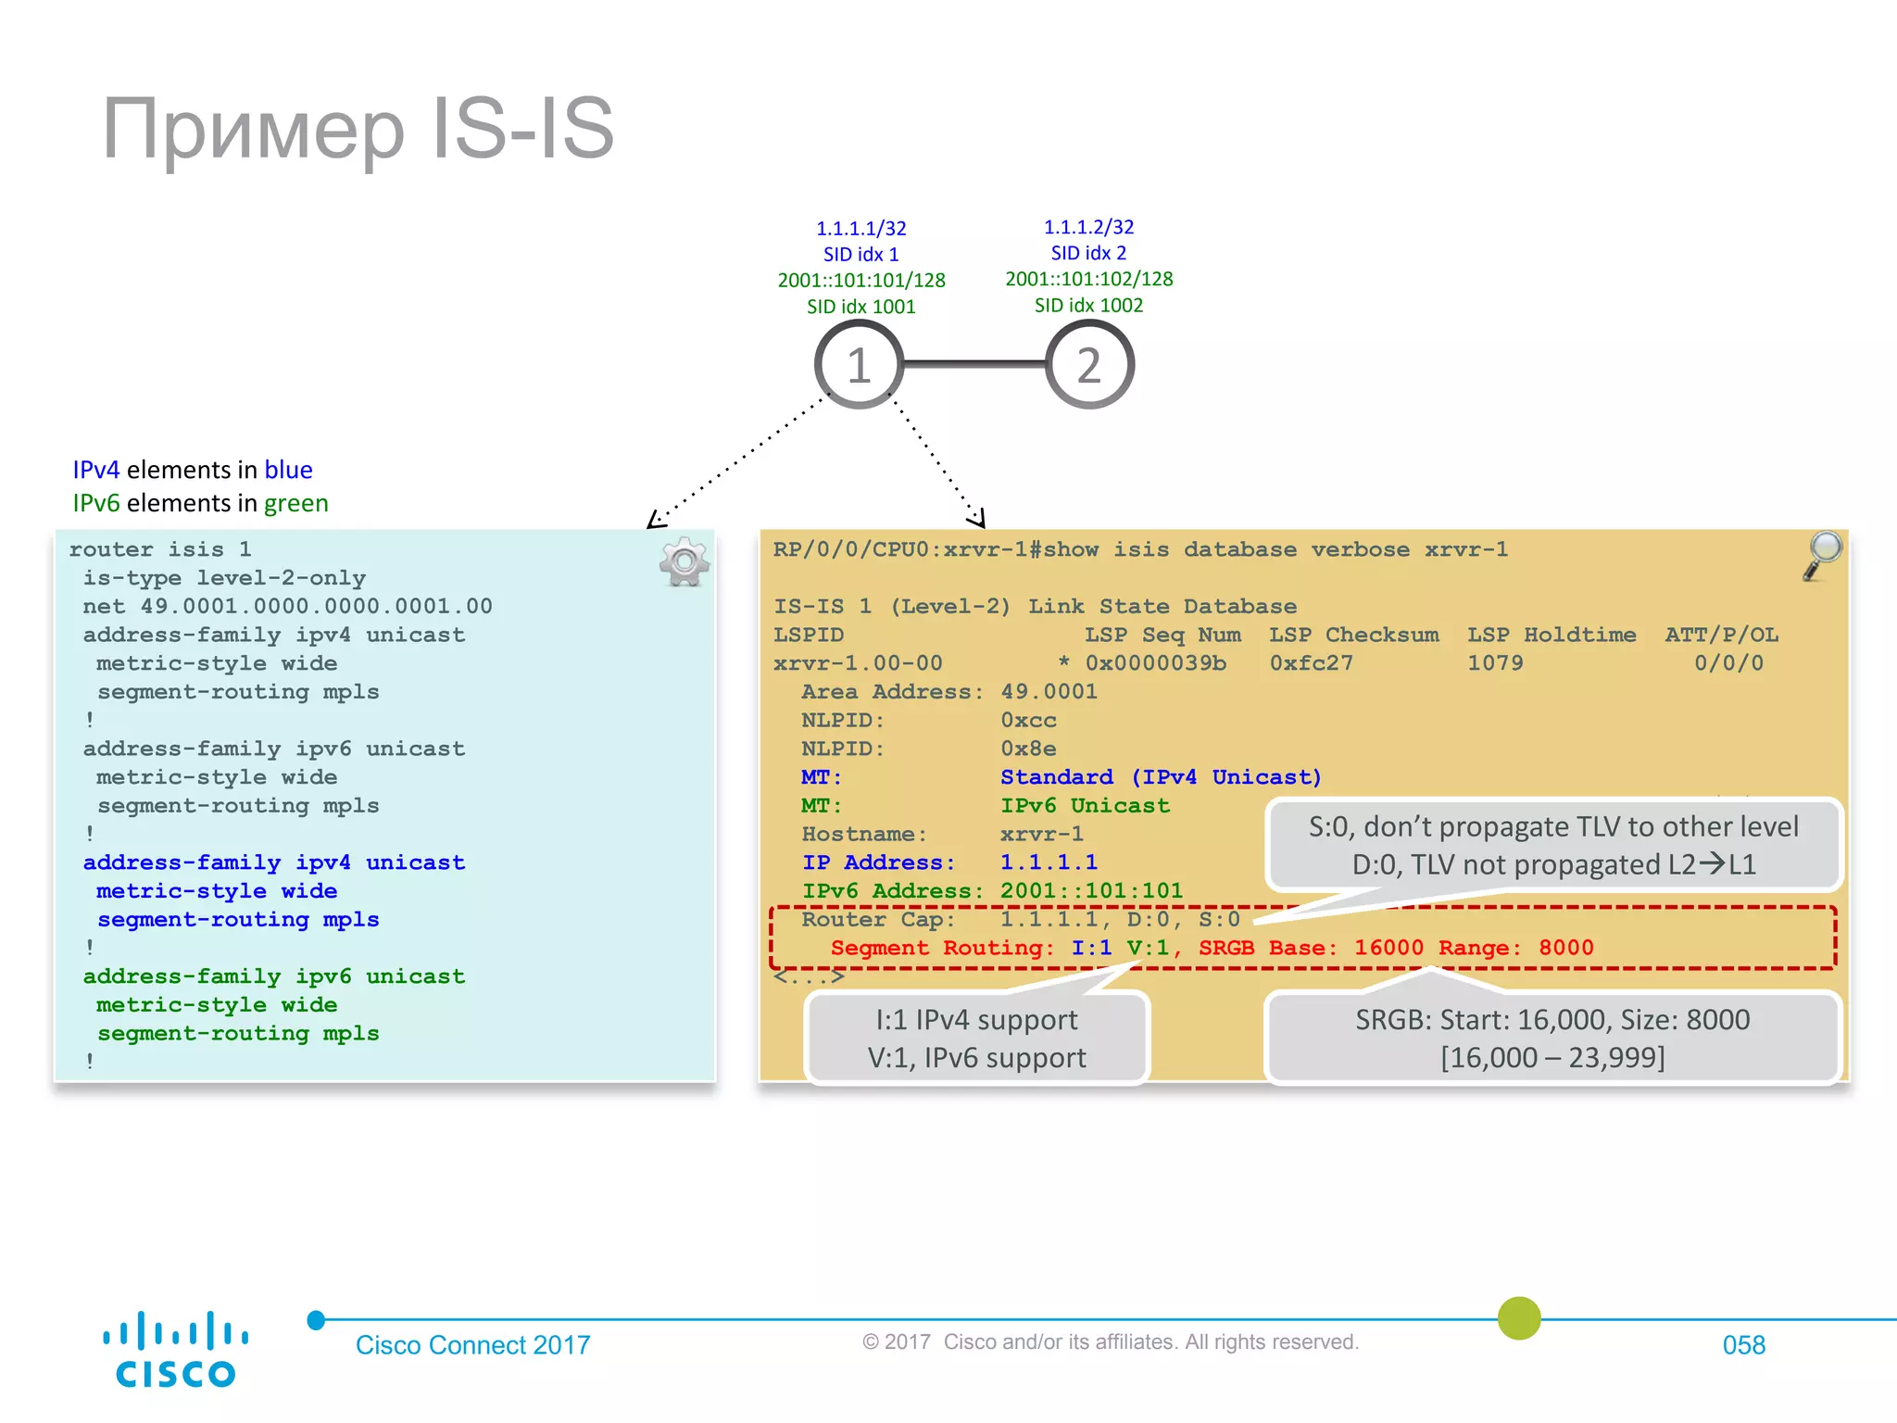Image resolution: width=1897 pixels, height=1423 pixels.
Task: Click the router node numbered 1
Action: [x=859, y=364]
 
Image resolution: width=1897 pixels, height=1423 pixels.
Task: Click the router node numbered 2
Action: [x=1089, y=364]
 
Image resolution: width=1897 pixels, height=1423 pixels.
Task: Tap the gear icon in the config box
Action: [x=685, y=561]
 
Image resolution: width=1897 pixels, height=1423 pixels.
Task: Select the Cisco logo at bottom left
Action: [x=175, y=1349]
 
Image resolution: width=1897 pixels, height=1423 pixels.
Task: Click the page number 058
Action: [x=1743, y=1344]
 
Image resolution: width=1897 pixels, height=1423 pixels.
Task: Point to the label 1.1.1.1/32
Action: [x=861, y=228]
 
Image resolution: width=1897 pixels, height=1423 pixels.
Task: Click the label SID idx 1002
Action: [x=1088, y=305]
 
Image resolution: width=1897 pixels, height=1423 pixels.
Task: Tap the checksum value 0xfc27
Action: [x=1311, y=662]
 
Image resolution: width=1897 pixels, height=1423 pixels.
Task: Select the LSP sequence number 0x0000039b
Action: [x=1155, y=662]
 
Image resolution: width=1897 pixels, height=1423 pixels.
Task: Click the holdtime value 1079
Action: [x=1495, y=662]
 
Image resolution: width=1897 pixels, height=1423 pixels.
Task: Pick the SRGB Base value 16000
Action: [x=1388, y=947]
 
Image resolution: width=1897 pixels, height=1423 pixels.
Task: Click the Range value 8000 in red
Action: [x=1565, y=947]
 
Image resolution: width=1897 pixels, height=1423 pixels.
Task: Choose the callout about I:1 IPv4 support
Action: [x=977, y=1038]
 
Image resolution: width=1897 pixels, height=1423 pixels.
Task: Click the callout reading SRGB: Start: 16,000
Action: [x=1552, y=1038]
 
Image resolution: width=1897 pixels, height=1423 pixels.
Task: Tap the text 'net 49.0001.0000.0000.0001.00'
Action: [x=287, y=606]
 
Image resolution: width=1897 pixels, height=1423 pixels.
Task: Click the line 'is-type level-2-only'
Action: [x=224, y=577]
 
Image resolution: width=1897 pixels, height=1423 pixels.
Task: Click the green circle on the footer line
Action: [x=1519, y=1317]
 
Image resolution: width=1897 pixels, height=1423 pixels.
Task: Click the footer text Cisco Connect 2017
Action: [x=472, y=1344]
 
